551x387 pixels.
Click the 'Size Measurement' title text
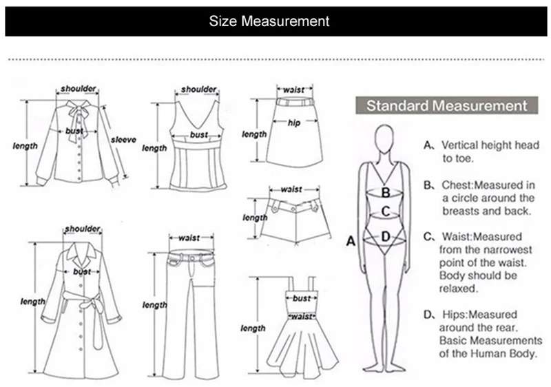[269, 21]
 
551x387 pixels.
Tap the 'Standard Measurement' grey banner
[446, 106]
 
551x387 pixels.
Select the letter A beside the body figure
[350, 241]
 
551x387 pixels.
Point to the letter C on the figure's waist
[386, 211]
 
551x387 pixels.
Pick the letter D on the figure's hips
[386, 237]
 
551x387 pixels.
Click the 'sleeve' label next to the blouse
[123, 140]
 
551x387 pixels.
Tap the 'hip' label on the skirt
[294, 123]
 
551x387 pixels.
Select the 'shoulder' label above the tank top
[199, 90]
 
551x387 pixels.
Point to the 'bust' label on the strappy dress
[302, 299]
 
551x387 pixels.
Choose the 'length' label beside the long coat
[32, 302]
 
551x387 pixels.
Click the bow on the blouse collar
[78, 110]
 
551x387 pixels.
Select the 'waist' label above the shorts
[291, 189]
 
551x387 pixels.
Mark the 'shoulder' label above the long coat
[83, 229]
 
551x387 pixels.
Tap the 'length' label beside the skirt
[254, 134]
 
